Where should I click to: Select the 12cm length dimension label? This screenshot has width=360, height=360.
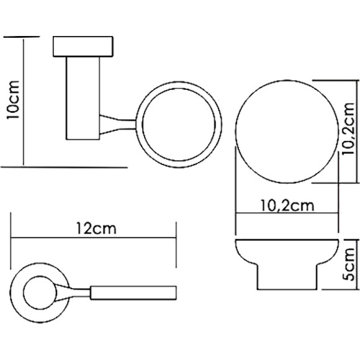94,228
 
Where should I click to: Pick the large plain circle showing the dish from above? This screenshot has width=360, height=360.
285,132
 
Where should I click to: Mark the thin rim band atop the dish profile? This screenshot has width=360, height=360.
287,241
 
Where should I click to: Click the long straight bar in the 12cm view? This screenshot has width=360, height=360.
133,290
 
